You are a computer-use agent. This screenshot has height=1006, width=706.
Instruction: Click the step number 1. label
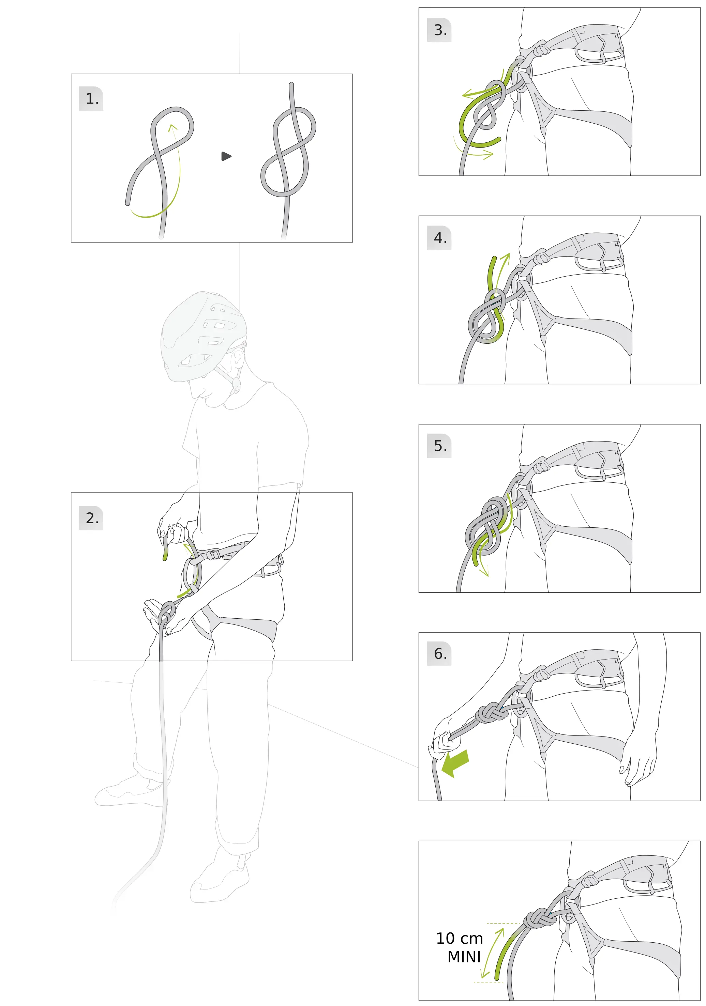92,99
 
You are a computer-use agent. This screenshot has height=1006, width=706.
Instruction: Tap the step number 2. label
92,519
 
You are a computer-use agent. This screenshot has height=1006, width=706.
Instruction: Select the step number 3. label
440,30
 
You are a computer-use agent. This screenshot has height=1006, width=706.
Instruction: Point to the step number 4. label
440,238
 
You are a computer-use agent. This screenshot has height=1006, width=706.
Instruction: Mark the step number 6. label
440,654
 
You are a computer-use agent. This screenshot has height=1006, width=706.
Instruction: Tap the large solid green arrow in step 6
455,763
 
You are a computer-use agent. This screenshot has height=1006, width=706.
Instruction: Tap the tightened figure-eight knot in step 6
492,714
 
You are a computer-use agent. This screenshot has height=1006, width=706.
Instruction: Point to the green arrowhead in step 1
173,127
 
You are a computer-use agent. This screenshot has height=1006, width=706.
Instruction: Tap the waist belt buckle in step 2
213,554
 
